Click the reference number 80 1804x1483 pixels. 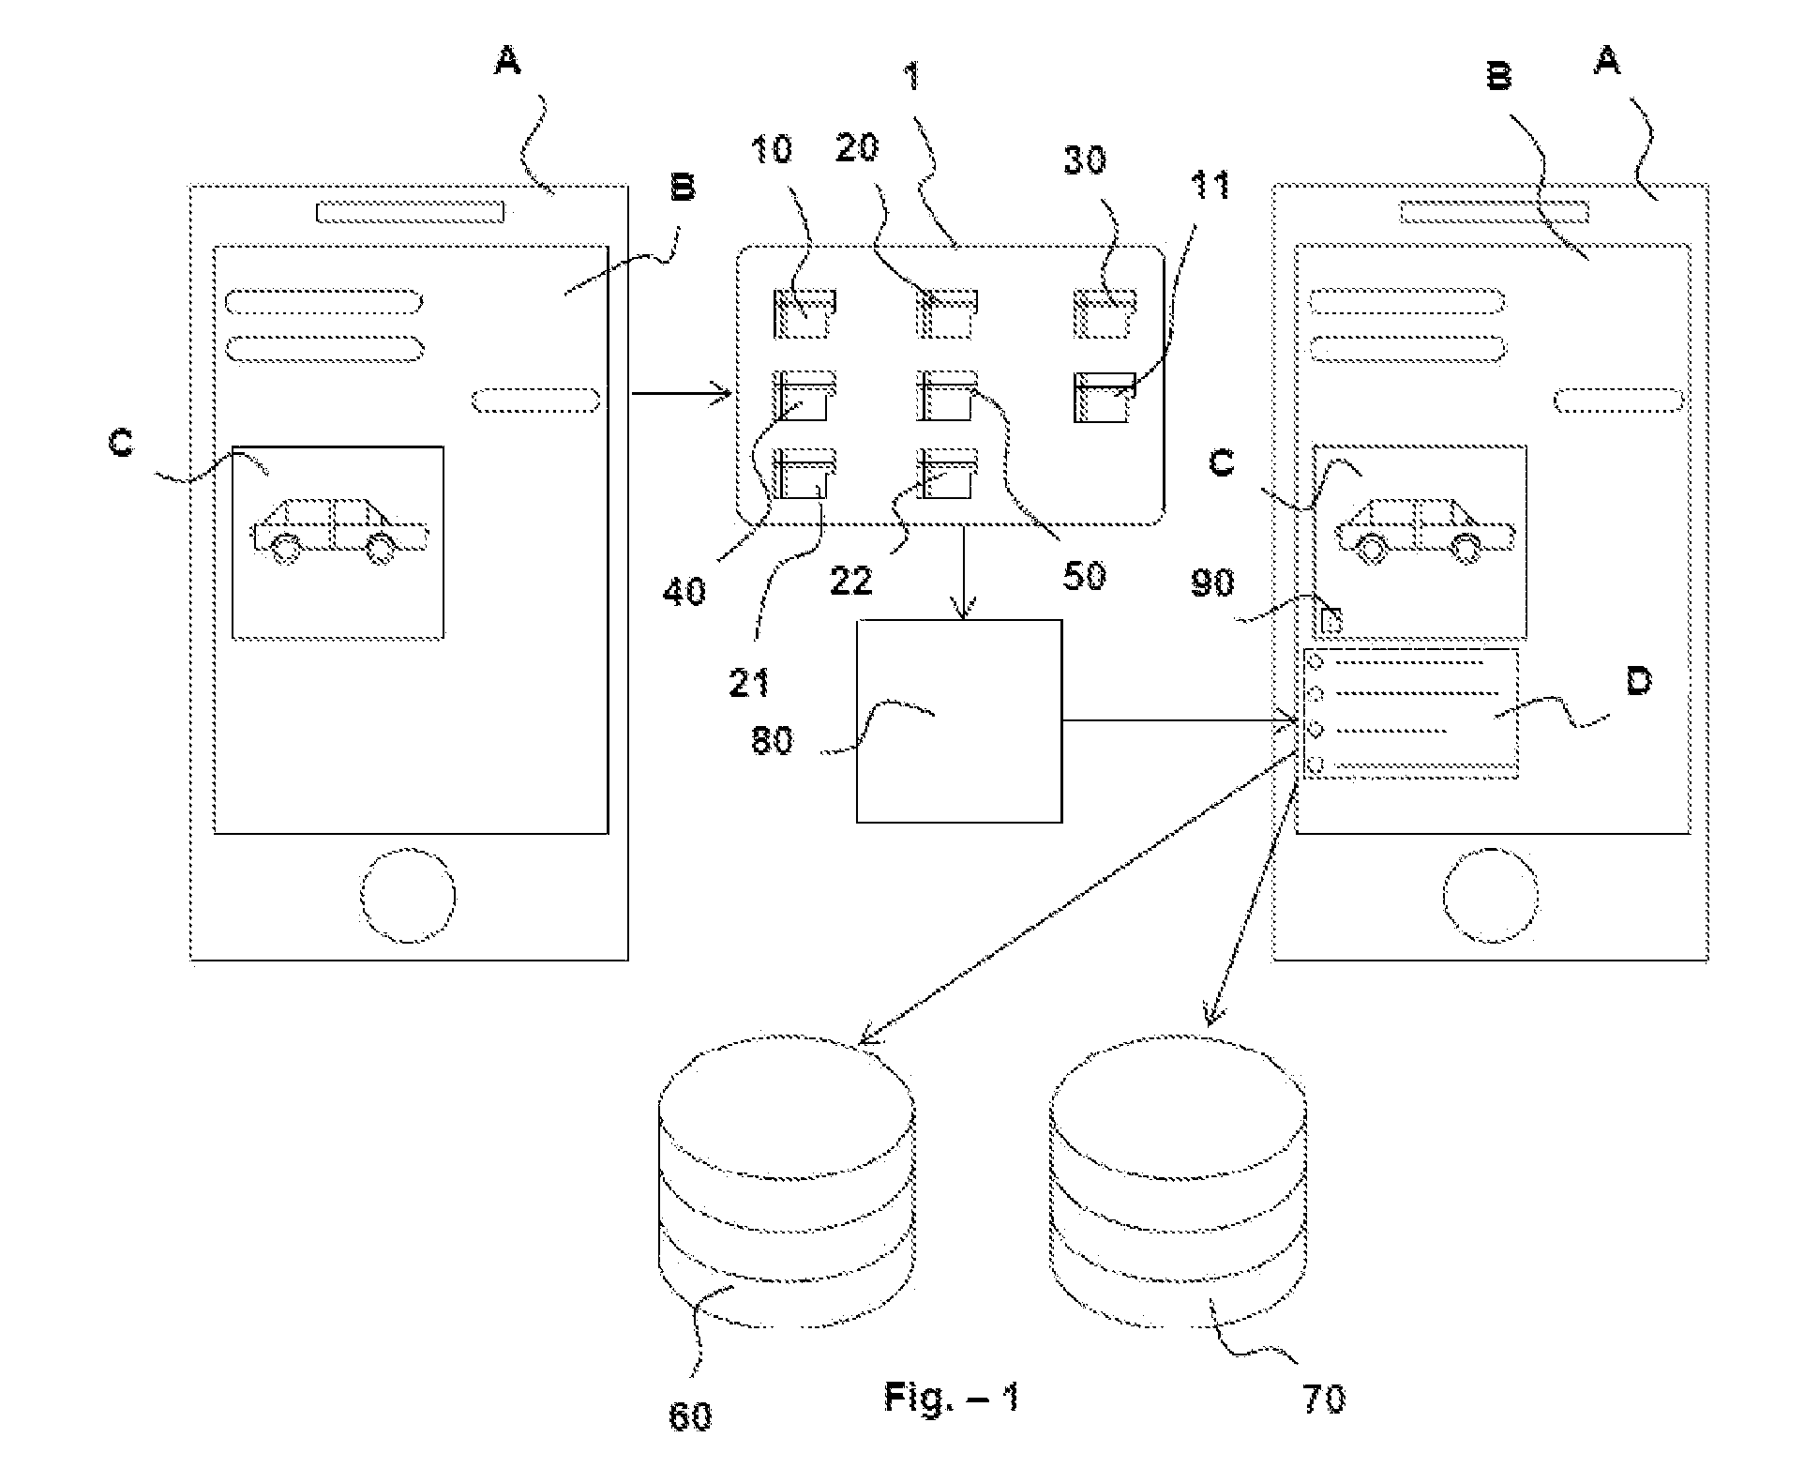coord(772,740)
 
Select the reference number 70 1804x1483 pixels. coord(1323,1399)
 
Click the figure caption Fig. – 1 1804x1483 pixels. coord(951,1398)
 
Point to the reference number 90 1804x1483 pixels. coord(1212,583)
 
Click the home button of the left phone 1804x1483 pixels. coord(408,895)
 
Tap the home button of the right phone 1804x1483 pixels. coord(1490,895)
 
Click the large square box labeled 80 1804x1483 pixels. coord(959,720)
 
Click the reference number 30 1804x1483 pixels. coord(1085,160)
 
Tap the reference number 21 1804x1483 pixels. coord(749,682)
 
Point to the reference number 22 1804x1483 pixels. coord(850,581)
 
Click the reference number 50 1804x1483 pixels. coord(1084,574)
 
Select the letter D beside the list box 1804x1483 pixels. coord(1638,681)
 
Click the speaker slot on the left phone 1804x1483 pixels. coord(410,212)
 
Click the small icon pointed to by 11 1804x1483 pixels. coord(1104,398)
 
